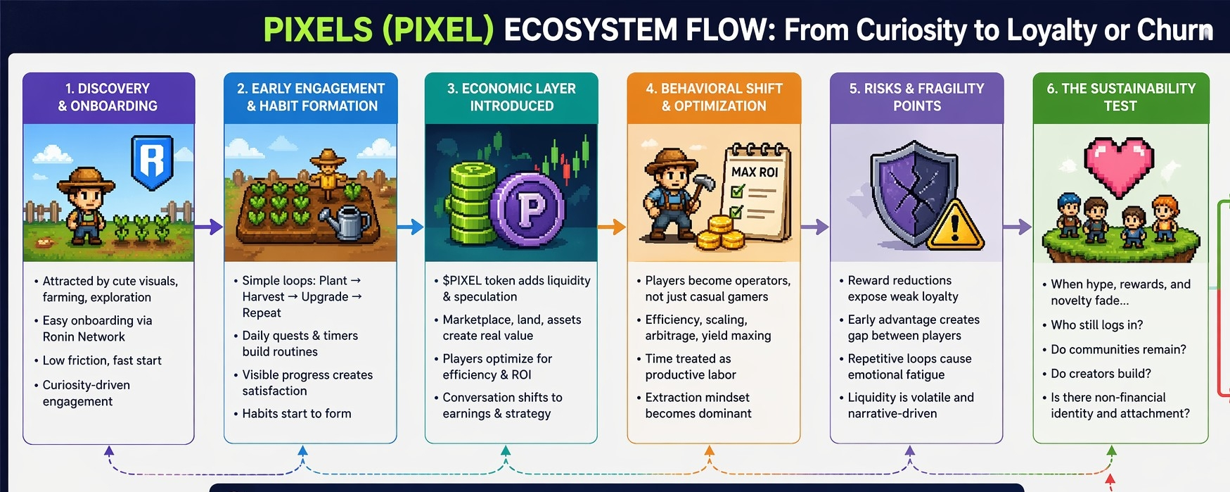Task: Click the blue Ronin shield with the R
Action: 152,163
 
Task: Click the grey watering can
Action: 345,220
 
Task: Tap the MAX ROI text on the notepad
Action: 755,172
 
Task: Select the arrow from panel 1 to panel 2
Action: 208,227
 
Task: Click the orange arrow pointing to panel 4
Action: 612,227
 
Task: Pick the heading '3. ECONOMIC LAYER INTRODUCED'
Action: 511,97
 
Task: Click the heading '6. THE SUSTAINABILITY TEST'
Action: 1120,97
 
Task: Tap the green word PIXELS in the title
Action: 318,30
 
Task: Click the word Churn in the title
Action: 1174,30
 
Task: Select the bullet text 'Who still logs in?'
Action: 1096,325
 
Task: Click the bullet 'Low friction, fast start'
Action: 102,360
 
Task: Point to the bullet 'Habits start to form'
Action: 296,414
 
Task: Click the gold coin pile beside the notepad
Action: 720,234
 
